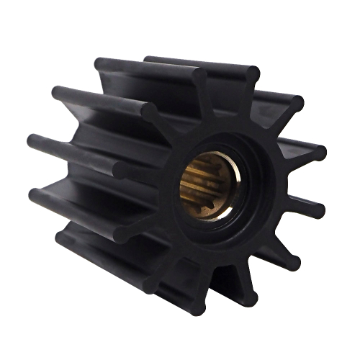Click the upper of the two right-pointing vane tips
coord(317,153)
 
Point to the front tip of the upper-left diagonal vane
coord(151,109)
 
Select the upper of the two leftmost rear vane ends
coord(32,140)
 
